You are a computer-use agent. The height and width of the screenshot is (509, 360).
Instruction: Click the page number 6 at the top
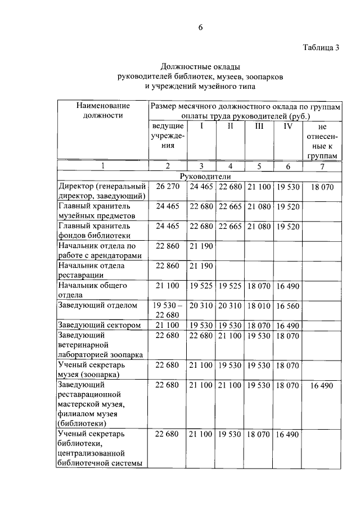(200, 29)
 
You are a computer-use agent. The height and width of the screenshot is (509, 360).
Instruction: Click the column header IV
(287, 126)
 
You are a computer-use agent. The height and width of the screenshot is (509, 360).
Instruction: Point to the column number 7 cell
(321, 166)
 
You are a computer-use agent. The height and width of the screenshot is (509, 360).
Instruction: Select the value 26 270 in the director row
(167, 186)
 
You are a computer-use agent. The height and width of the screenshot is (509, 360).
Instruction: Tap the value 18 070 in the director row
(321, 186)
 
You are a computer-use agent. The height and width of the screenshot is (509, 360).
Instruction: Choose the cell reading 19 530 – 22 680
(167, 309)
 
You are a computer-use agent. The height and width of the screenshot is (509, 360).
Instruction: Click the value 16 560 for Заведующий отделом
(287, 305)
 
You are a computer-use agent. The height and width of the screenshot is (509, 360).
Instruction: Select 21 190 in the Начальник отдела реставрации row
(201, 265)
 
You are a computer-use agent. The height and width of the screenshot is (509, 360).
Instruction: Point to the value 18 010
(259, 305)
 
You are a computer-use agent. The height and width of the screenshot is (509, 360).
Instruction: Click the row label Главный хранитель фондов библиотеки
(94, 231)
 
